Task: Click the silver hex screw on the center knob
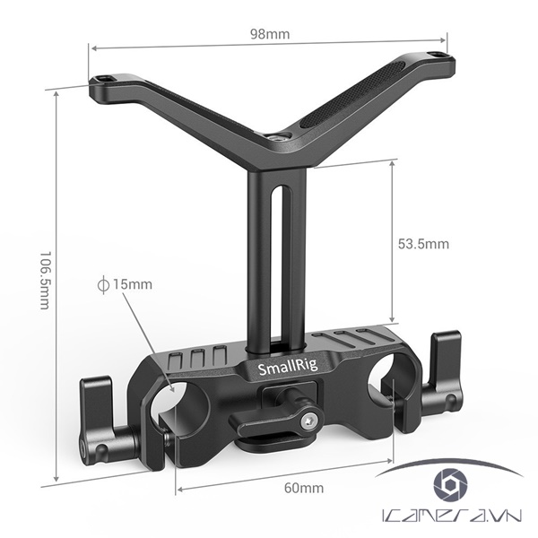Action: (309, 418)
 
